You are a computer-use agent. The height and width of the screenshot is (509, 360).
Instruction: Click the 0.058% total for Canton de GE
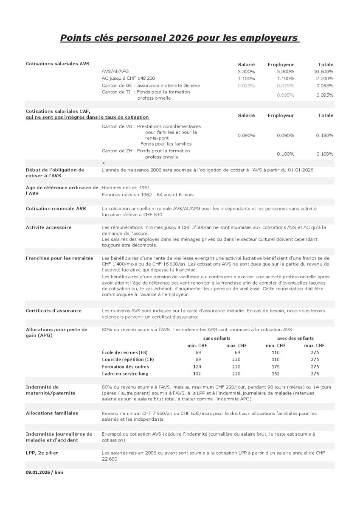[325, 86]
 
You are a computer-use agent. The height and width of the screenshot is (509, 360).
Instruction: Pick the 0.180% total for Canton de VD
[325, 135]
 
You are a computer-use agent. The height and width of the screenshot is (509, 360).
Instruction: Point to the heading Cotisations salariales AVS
[58, 64]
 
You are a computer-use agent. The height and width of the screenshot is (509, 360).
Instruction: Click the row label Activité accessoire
[48, 227]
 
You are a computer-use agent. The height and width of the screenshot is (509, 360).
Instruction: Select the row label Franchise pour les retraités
[59, 258]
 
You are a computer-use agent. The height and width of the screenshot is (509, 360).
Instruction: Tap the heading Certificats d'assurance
[53, 311]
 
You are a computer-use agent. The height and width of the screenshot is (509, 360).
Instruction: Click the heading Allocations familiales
[52, 413]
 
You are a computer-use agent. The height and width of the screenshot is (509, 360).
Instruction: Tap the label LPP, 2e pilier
[42, 453]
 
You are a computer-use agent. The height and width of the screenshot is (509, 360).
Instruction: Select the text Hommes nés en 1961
[126, 187]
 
